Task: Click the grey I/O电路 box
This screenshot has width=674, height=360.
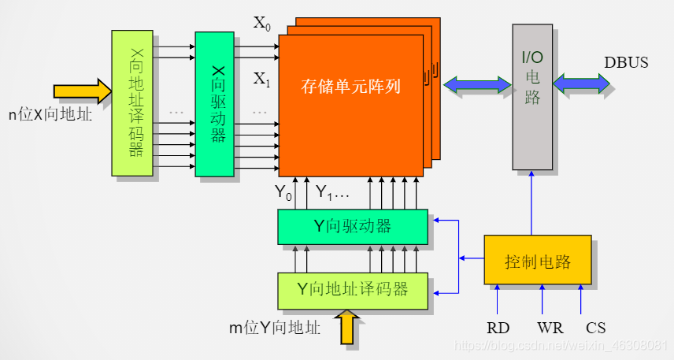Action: click(532, 96)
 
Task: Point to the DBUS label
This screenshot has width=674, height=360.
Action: click(626, 62)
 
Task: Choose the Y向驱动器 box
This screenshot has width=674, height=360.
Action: click(352, 227)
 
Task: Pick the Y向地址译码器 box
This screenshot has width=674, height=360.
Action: click(352, 290)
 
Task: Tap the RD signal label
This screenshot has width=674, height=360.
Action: click(498, 327)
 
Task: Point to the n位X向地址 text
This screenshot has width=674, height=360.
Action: click(50, 114)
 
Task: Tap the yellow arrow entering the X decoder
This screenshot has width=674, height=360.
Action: click(83, 90)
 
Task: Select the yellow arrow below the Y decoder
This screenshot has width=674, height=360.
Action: click(347, 326)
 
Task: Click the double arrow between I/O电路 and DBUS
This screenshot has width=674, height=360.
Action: click(582, 84)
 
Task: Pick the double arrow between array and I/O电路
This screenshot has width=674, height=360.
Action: click(476, 84)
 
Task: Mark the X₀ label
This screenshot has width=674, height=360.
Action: click(261, 23)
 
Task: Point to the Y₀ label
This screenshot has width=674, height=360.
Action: click(283, 191)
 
